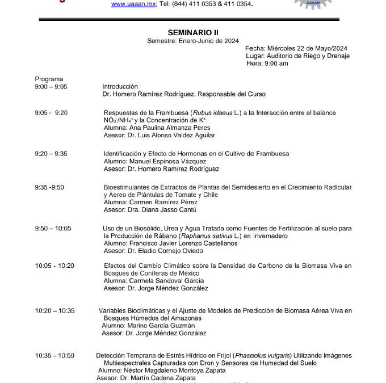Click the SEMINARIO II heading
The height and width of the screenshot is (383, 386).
(x=193, y=32)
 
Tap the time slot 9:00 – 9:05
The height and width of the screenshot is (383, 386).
(x=51, y=87)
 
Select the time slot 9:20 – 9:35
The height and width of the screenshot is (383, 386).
(x=51, y=153)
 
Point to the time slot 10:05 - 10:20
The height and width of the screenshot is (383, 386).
(x=54, y=266)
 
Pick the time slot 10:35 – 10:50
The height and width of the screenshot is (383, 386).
(x=54, y=356)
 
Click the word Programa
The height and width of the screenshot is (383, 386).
(x=49, y=79)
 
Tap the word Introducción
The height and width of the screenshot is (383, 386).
(x=120, y=87)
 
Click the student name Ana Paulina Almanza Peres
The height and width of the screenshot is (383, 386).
(x=166, y=128)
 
